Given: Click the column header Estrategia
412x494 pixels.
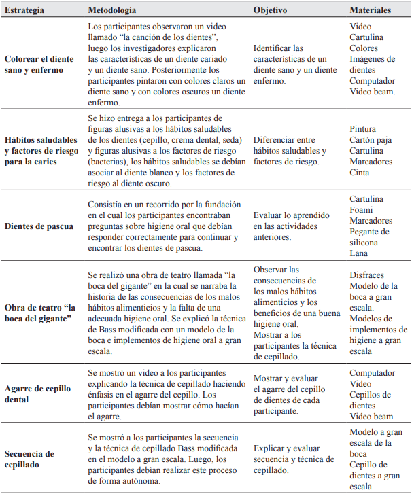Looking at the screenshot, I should point(25,11).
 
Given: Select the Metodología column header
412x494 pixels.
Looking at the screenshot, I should point(112,11).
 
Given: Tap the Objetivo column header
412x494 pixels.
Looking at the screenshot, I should point(270,11).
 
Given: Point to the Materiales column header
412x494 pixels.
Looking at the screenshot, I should point(370,11).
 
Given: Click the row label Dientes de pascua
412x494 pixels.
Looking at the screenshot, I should point(39,226).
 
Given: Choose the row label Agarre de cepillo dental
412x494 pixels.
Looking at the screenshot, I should point(38,394).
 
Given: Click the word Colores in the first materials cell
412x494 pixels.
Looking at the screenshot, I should point(364,48).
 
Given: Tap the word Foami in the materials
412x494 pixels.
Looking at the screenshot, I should point(362,210).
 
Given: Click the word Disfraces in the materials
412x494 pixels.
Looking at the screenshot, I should point(368,275).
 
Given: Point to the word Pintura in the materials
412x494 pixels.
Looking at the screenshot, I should point(364,129).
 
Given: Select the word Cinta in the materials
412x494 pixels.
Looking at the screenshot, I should point(360,173).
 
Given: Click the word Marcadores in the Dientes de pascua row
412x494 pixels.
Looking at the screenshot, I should point(371,221).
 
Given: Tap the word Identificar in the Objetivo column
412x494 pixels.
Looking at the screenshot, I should point(274,48).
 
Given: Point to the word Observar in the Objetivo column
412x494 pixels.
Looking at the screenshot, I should point(271,270).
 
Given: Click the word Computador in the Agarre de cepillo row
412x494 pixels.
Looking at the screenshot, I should point(372,372).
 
